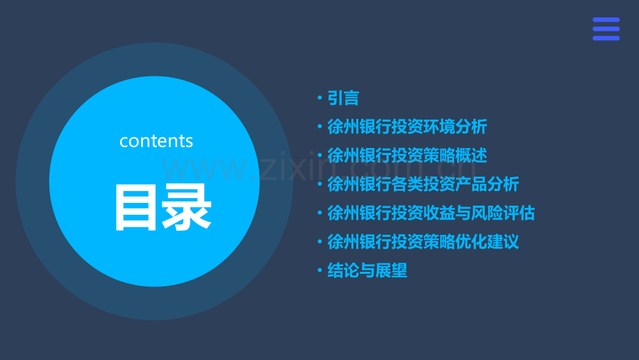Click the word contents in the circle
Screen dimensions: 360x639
coord(156,141)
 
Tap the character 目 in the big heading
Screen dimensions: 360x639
coord(136,207)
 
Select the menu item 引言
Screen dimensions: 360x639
coord(343,98)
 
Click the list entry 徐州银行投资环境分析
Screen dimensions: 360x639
coord(407,127)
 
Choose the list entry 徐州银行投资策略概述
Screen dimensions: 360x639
coord(407,155)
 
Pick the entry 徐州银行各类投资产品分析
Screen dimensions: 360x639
coord(423,184)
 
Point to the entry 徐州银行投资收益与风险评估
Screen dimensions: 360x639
coord(431,213)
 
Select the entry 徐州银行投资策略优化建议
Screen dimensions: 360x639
coord(423,242)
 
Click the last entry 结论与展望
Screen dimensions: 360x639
coord(367,271)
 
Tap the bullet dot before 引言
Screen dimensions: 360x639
coord(319,99)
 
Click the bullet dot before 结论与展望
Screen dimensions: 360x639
coord(319,271)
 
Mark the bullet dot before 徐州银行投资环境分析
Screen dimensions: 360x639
coord(319,127)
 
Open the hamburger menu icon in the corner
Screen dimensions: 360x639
coord(606,29)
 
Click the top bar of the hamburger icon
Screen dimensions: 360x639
coord(606,20)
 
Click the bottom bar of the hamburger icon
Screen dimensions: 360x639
coord(606,38)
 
